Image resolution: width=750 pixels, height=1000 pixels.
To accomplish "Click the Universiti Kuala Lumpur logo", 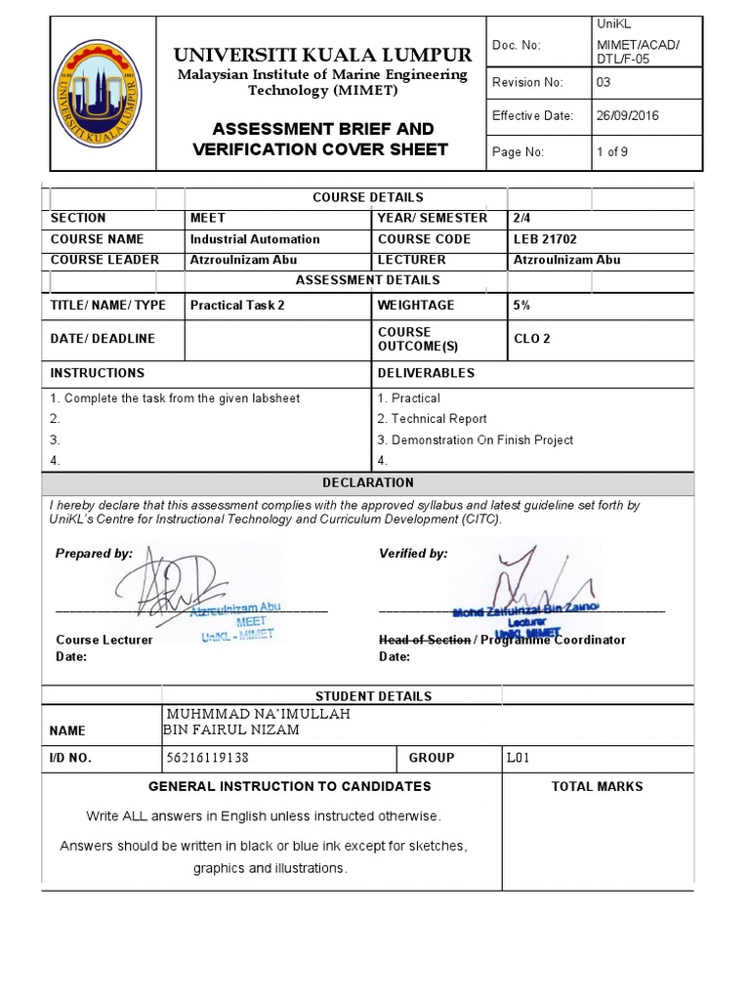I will point(98,94).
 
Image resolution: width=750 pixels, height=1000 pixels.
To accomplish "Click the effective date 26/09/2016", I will point(627,115).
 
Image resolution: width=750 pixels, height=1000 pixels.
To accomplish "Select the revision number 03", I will point(604,83).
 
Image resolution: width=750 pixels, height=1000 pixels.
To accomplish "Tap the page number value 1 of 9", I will point(612,152).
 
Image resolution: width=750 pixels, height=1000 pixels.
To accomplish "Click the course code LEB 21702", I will point(547,239).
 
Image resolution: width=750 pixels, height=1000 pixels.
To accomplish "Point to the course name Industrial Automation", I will point(255,239).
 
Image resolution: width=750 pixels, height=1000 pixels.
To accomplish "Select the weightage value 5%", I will point(521,306).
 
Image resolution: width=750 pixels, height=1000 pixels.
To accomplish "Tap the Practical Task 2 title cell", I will point(237,306).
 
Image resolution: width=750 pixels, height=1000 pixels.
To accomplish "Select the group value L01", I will point(518,758).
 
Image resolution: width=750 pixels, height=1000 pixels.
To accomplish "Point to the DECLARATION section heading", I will point(368,482).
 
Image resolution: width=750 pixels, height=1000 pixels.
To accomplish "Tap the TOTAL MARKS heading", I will point(597,786).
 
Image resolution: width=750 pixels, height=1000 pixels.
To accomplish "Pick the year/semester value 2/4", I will point(522,218).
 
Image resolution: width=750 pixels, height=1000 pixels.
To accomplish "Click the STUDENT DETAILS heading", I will point(368,696).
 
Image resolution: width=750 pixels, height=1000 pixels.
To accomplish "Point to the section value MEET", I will point(208,218).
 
